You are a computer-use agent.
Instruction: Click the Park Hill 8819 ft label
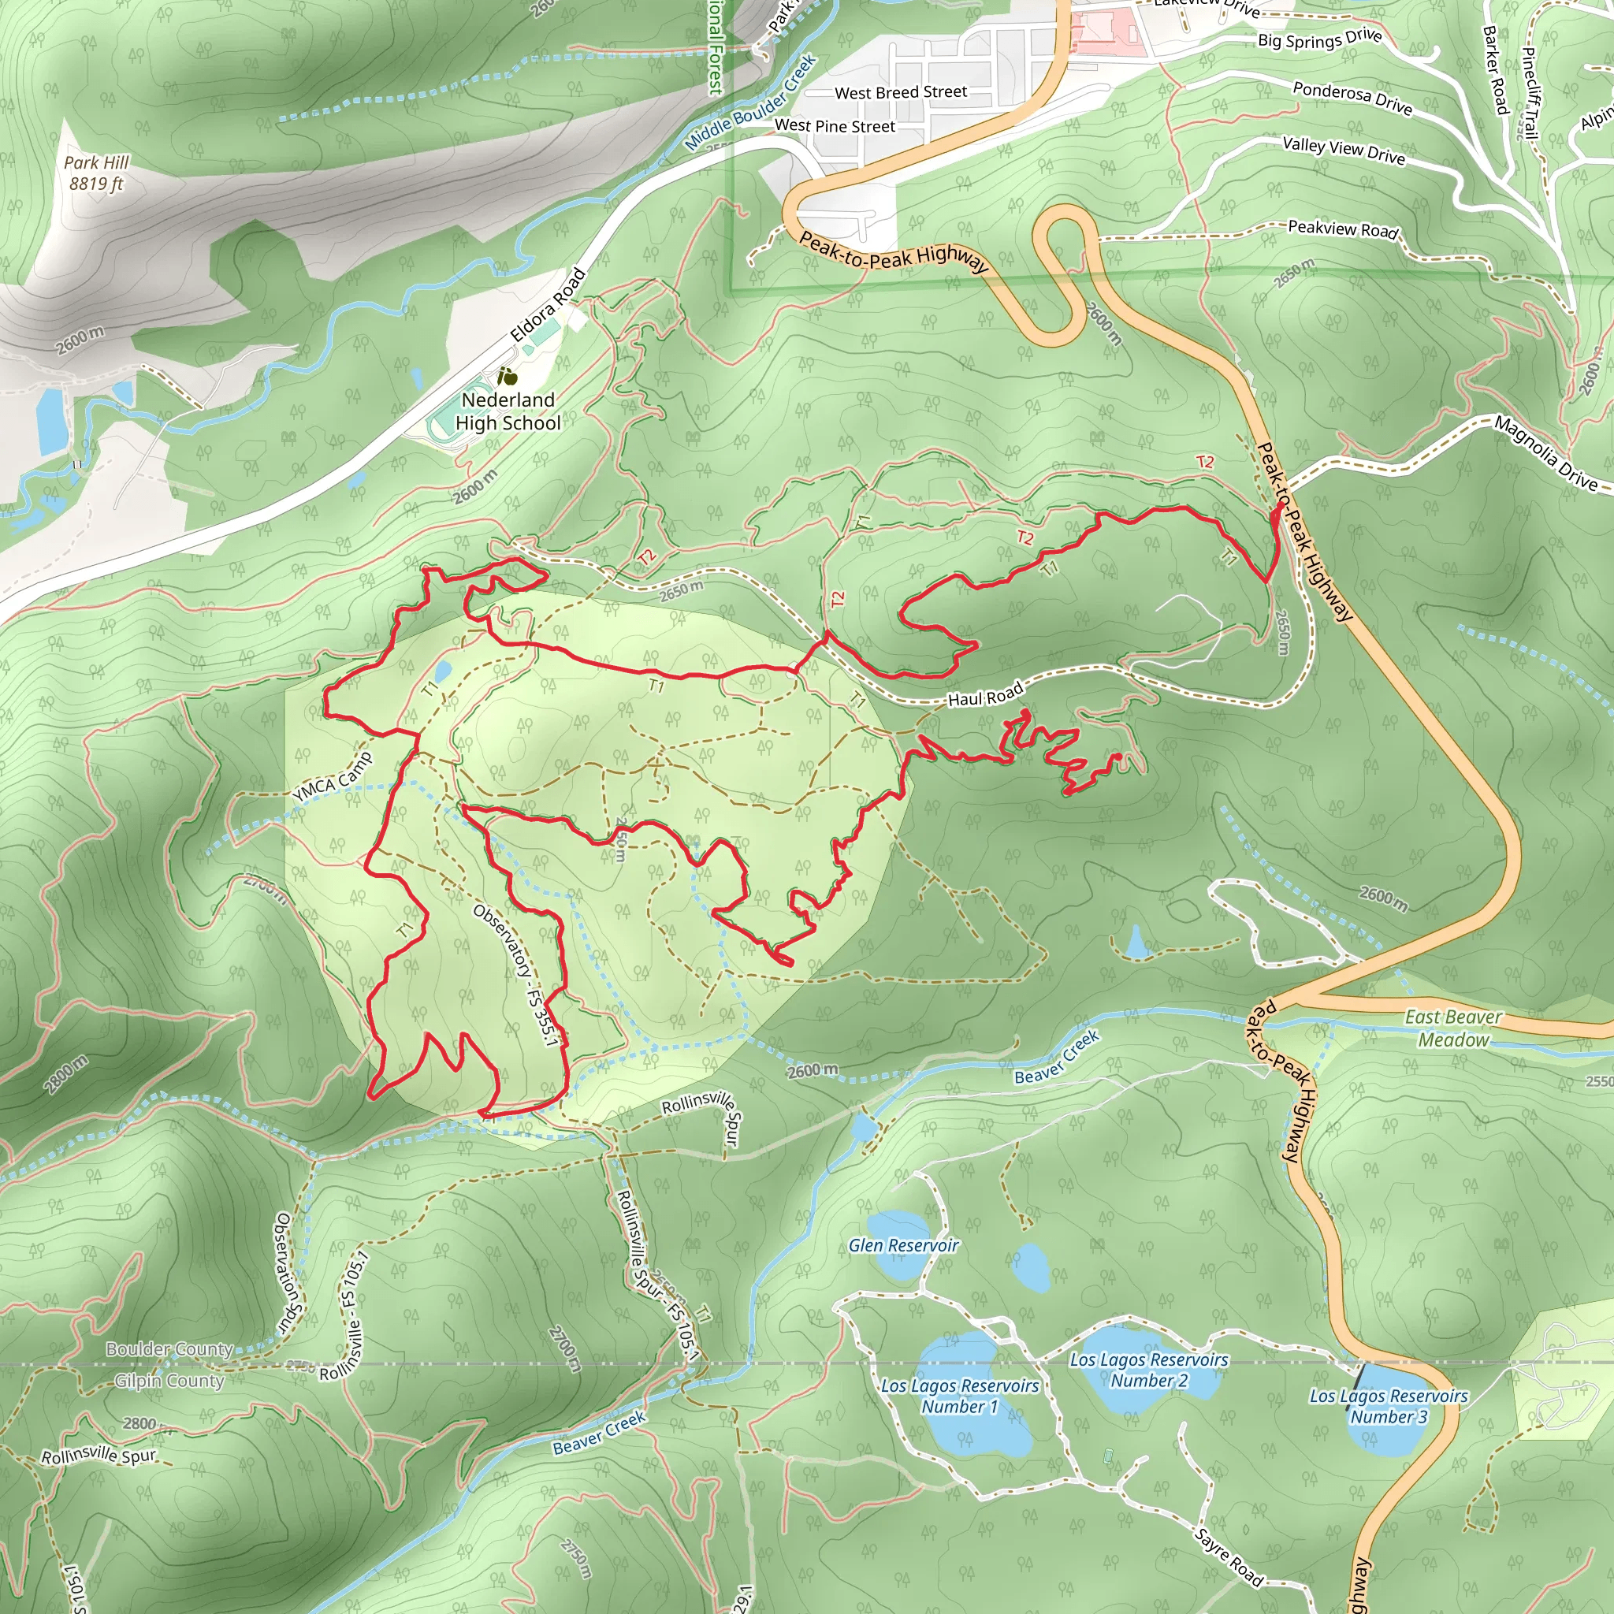click(96, 173)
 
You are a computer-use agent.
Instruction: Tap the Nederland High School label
click(508, 412)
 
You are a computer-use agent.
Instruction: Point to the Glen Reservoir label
click(903, 1246)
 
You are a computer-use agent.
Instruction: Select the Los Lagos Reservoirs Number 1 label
click(960, 1396)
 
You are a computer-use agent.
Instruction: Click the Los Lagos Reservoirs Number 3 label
click(1389, 1406)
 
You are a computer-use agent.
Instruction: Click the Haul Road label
click(985, 695)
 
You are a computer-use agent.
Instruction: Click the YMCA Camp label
click(332, 777)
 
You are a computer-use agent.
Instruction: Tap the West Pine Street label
click(835, 126)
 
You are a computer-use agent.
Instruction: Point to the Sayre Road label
click(1229, 1557)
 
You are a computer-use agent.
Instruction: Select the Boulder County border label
click(169, 1349)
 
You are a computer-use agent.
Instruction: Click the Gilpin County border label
click(169, 1381)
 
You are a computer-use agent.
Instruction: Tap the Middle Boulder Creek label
click(750, 102)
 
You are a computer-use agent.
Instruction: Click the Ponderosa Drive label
click(1352, 98)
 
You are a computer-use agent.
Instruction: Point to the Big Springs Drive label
click(1320, 39)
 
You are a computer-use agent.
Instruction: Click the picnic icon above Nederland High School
click(506, 377)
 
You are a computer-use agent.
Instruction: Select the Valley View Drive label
click(1344, 151)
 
